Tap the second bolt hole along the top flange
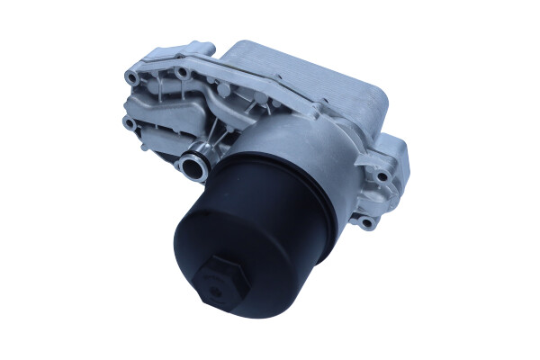click(x=182, y=70)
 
